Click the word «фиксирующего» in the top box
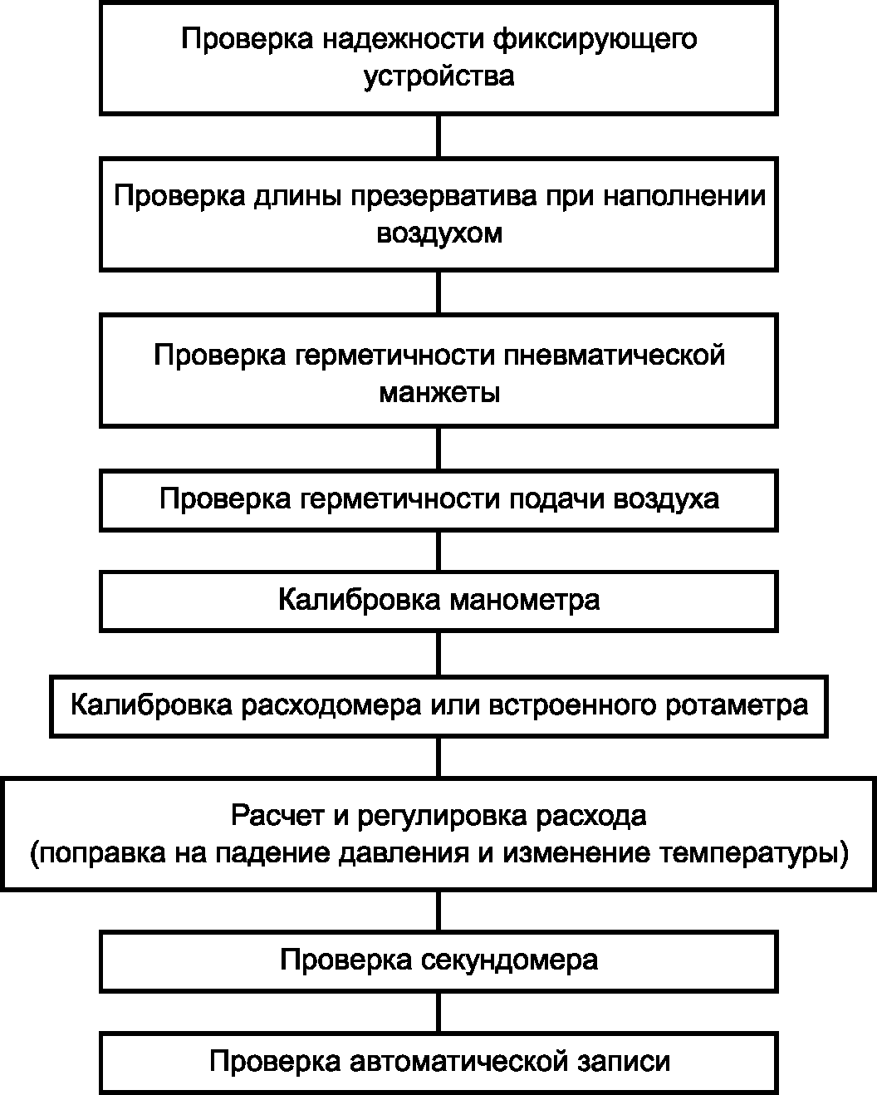(595, 40)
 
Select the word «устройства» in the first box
(439, 77)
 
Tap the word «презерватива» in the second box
(443, 196)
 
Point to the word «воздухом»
(439, 234)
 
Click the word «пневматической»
(614, 355)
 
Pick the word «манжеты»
(439, 393)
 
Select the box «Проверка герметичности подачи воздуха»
(438, 501)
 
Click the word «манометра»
(525, 601)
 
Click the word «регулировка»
(442, 816)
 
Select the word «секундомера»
(510, 960)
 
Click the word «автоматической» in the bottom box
(459, 1063)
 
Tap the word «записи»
(624, 1063)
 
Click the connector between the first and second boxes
(438, 136)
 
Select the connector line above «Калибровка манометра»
(438, 552)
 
